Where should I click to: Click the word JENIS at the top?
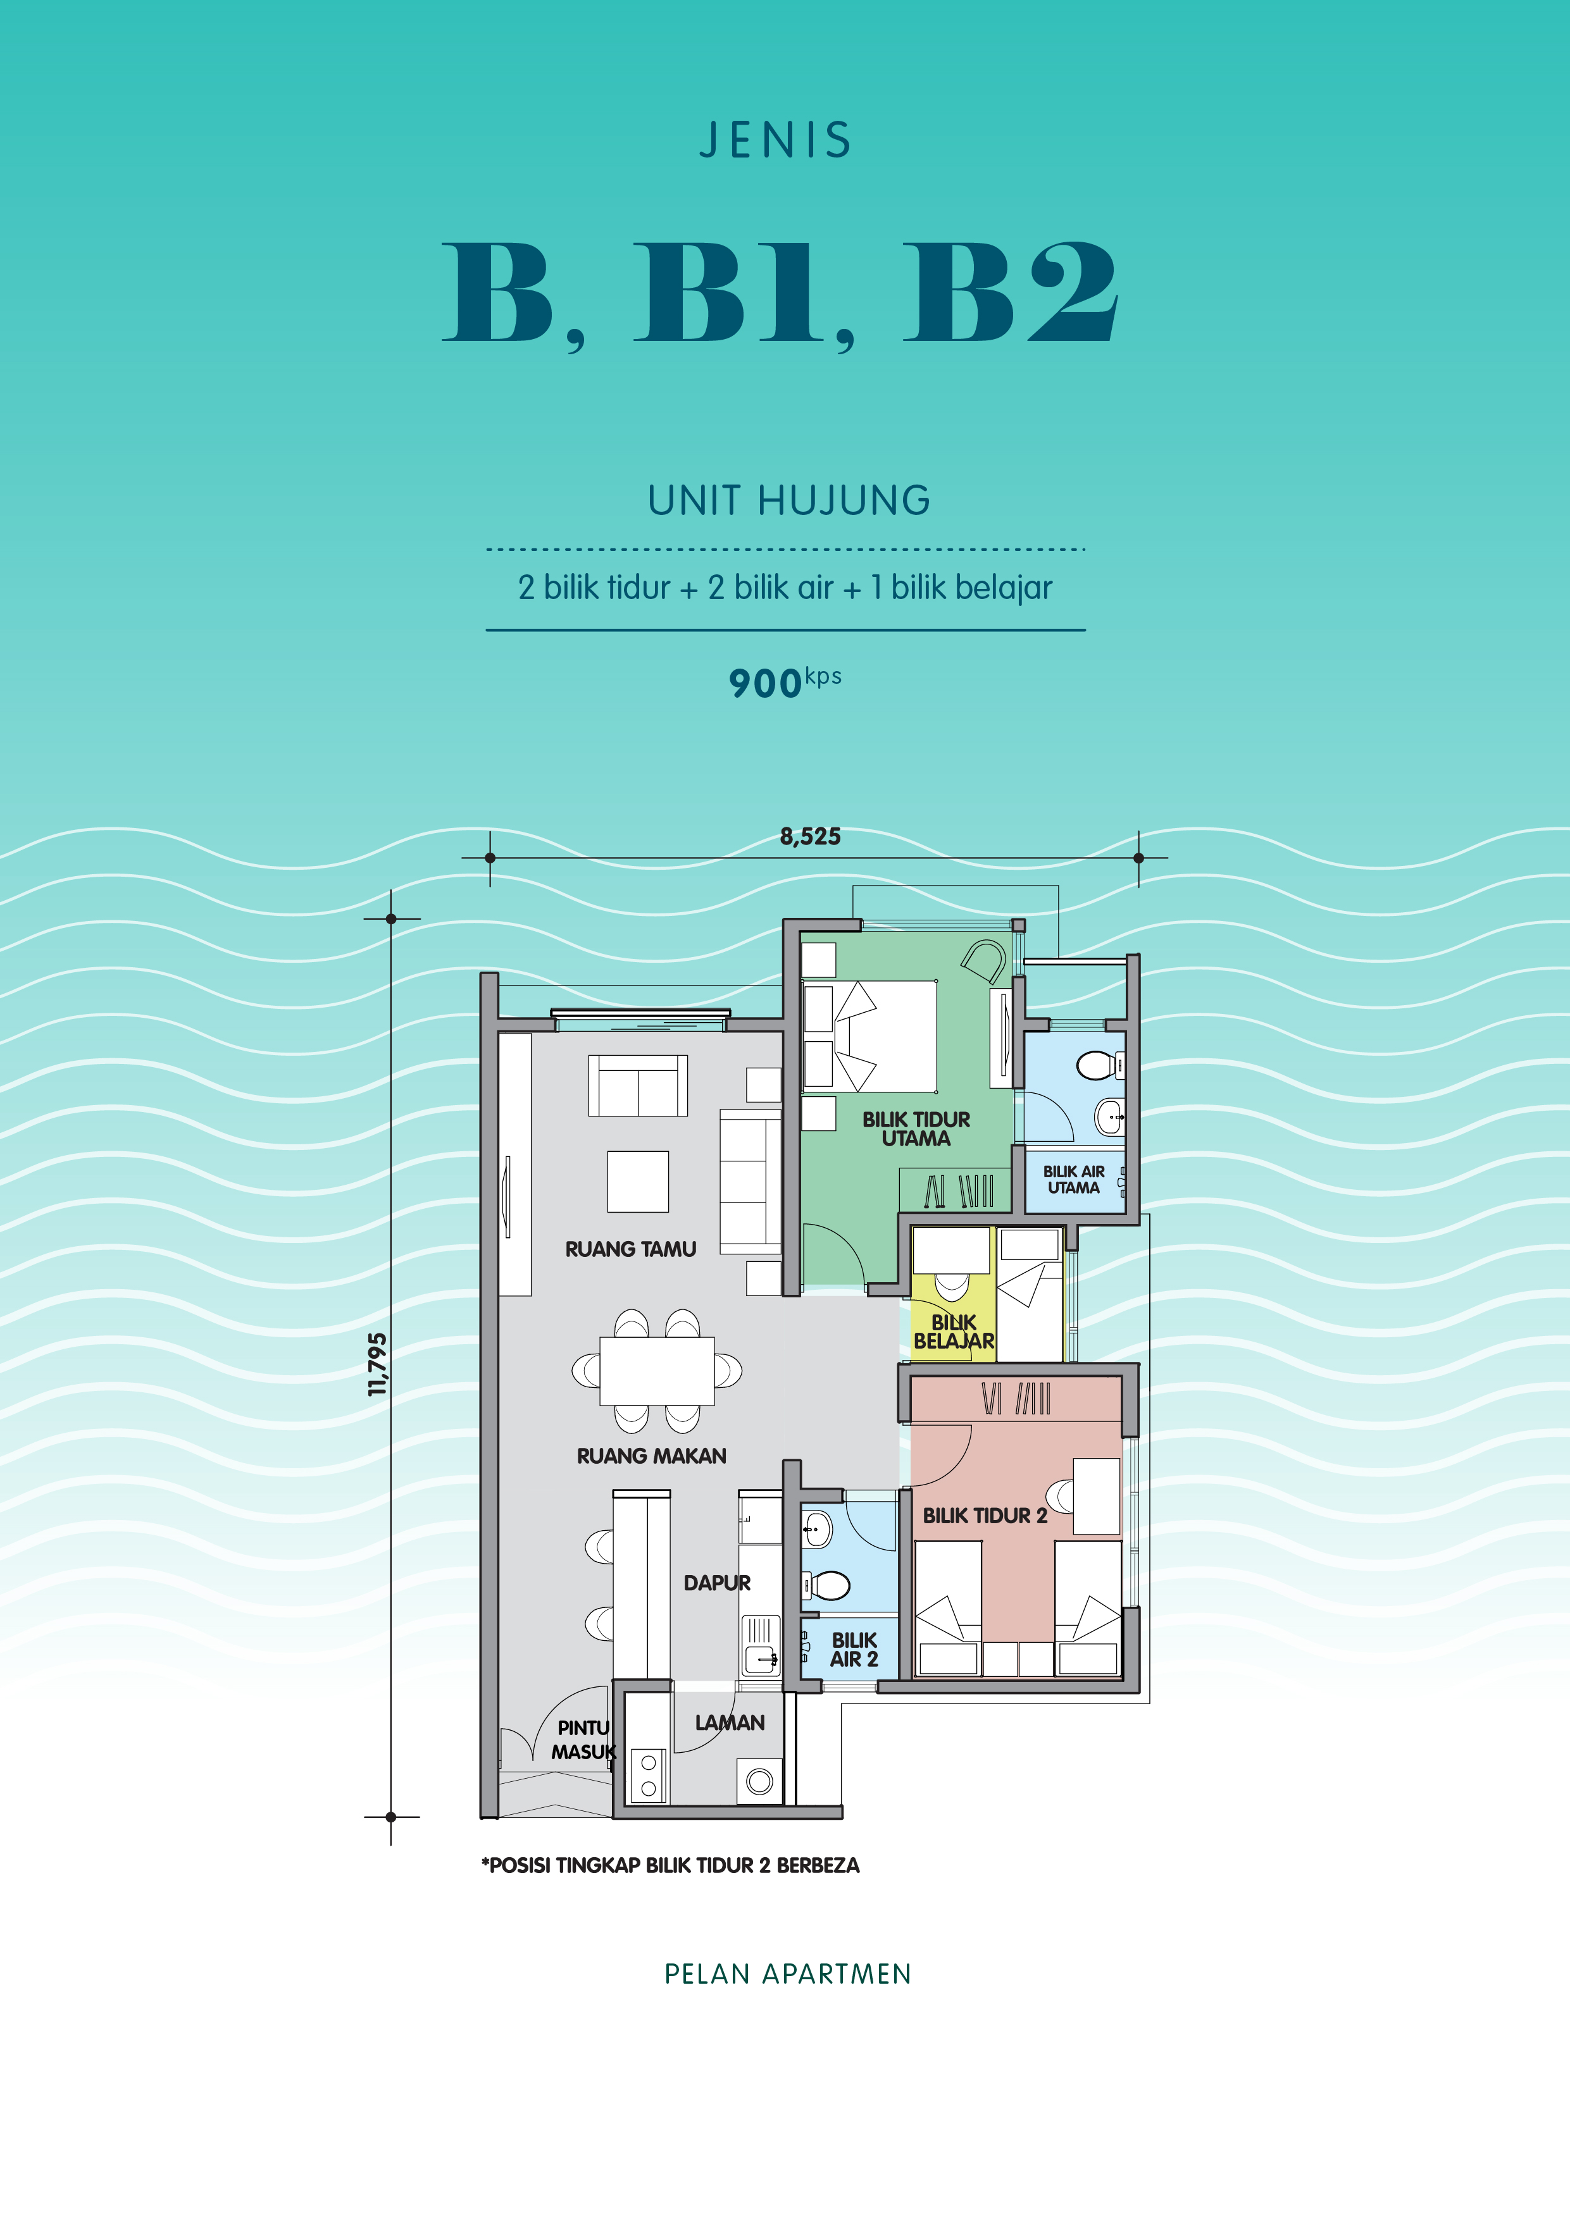coord(775,140)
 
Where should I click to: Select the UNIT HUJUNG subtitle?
coord(789,500)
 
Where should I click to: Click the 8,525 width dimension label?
coord(810,837)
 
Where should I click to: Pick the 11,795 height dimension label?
coord(378,1364)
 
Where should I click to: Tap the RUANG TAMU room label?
coord(630,1250)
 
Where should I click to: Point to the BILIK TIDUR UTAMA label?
coord(916,1129)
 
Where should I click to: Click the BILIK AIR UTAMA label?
coord(1074,1180)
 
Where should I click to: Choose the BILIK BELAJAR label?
coord(954,1332)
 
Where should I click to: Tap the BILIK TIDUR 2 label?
coord(985,1516)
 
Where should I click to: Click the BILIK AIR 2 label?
coord(854,1650)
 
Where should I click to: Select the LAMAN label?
coord(730,1722)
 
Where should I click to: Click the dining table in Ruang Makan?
coord(657,1371)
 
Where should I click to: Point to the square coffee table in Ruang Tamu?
coord(638,1181)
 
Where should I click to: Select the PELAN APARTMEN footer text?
coord(788,1974)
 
